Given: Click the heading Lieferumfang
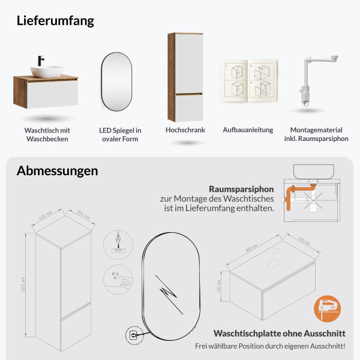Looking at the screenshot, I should (55, 20).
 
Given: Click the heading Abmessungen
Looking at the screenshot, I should (57, 170).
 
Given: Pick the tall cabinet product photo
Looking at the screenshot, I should (185, 77).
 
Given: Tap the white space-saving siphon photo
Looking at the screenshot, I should (311, 84).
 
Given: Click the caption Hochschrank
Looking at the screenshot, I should (185, 130).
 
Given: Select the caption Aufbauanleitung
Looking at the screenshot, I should (248, 130).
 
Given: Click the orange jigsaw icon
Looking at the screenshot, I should (326, 310).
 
